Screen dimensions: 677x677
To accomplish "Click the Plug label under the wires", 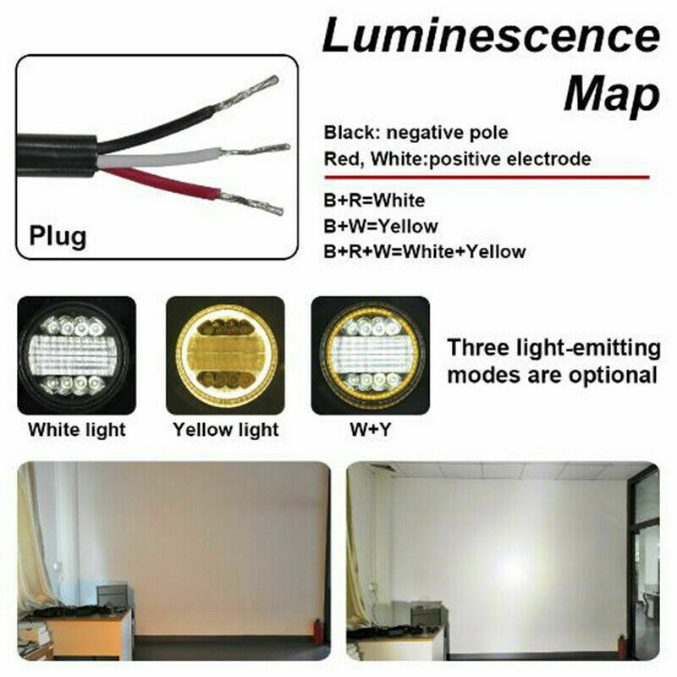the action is coord(58,237).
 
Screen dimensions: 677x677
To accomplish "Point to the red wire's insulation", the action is coord(161,184).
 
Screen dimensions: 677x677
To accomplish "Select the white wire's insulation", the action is coord(159,157).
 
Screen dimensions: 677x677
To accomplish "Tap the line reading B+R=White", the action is coord(374,201).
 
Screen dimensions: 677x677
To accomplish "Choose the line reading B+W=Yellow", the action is coord(381,226).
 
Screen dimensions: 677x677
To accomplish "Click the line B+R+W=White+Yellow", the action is coord(425,251).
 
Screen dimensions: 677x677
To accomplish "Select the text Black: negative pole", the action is coord(416,133).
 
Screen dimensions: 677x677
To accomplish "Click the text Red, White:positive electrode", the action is coord(457,159).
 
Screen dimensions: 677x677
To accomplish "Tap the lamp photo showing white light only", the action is coord(76,355).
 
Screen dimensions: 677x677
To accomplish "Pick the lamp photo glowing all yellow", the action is coord(225,355).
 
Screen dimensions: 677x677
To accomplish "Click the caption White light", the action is coord(77,430).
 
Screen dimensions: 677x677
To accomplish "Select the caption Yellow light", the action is coord(226,430).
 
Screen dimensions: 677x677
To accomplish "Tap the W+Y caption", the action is coord(371,430).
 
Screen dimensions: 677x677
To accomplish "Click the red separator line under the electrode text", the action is coord(487,178).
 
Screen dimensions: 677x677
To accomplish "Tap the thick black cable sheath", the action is coord(57,156).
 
